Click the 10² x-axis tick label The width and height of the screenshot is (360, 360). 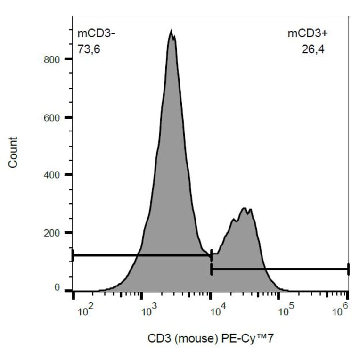tap(84, 311)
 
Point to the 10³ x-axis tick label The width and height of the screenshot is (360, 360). tap(149, 311)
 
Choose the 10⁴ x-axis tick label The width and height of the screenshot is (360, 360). tap(217, 311)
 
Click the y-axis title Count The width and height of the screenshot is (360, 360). tap(13, 152)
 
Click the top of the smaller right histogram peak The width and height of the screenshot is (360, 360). tap(244, 208)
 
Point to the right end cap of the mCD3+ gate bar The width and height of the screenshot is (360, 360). tap(348, 269)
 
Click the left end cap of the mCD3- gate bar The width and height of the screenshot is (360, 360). tap(73, 255)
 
